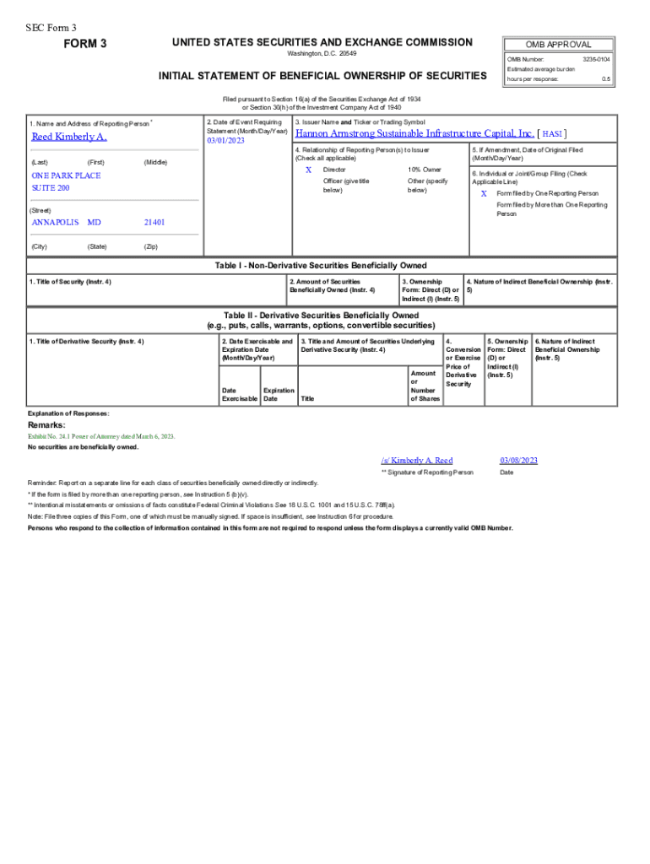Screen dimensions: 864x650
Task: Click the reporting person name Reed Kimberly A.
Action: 69,137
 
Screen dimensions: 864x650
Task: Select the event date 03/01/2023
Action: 225,141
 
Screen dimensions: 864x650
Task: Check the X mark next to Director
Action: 308,170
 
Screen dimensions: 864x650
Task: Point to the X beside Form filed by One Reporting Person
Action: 484,193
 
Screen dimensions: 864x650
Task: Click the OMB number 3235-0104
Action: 596,60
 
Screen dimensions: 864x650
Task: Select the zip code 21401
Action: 154,222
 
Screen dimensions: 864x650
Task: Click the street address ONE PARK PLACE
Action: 66,175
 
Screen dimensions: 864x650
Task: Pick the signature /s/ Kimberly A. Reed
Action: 416,460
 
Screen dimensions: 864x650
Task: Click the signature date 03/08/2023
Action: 518,460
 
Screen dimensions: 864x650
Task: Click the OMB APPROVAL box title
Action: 558,45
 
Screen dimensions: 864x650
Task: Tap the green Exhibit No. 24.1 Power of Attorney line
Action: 101,436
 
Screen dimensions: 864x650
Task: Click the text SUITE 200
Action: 51,187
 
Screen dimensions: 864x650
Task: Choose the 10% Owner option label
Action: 424,170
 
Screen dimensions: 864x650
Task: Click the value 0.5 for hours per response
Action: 605,79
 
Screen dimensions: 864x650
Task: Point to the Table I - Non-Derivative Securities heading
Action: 321,266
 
